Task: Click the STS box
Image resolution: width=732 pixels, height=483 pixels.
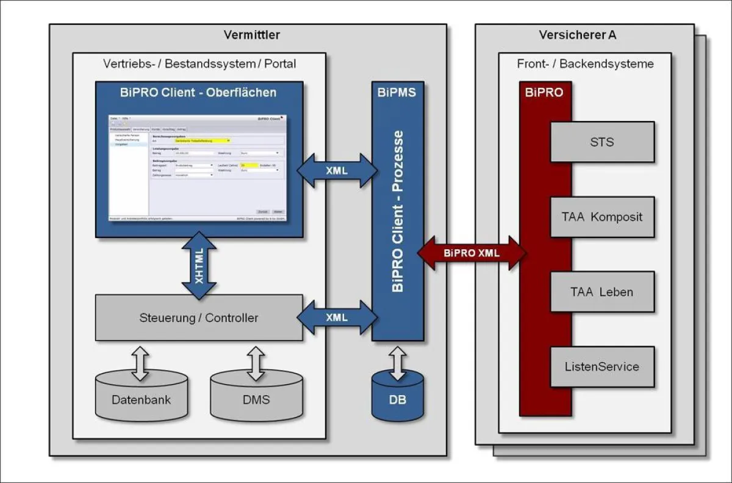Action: click(x=602, y=142)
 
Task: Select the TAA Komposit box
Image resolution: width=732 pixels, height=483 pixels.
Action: click(x=602, y=217)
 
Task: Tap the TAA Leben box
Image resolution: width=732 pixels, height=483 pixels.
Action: click(x=602, y=292)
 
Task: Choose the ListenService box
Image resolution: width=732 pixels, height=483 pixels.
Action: click(x=602, y=367)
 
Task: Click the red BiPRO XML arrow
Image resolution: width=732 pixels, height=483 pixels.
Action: click(x=472, y=252)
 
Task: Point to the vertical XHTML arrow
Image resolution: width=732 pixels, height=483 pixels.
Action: click(x=199, y=266)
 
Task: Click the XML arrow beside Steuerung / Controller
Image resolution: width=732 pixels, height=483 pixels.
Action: click(x=337, y=318)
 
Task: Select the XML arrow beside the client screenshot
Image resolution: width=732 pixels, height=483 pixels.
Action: click(x=337, y=170)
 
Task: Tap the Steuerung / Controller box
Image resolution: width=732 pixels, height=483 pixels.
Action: click(x=199, y=318)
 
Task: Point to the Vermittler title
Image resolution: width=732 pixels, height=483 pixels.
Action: click(x=251, y=35)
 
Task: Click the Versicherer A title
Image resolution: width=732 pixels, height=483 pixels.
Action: click(x=577, y=35)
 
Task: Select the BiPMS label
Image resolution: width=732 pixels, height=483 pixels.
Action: click(x=396, y=93)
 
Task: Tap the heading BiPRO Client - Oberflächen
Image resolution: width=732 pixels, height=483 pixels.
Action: click(x=198, y=93)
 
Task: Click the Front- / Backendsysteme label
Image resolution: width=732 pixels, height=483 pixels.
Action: click(x=585, y=64)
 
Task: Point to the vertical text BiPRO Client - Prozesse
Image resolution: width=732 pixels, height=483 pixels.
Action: click(x=398, y=211)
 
